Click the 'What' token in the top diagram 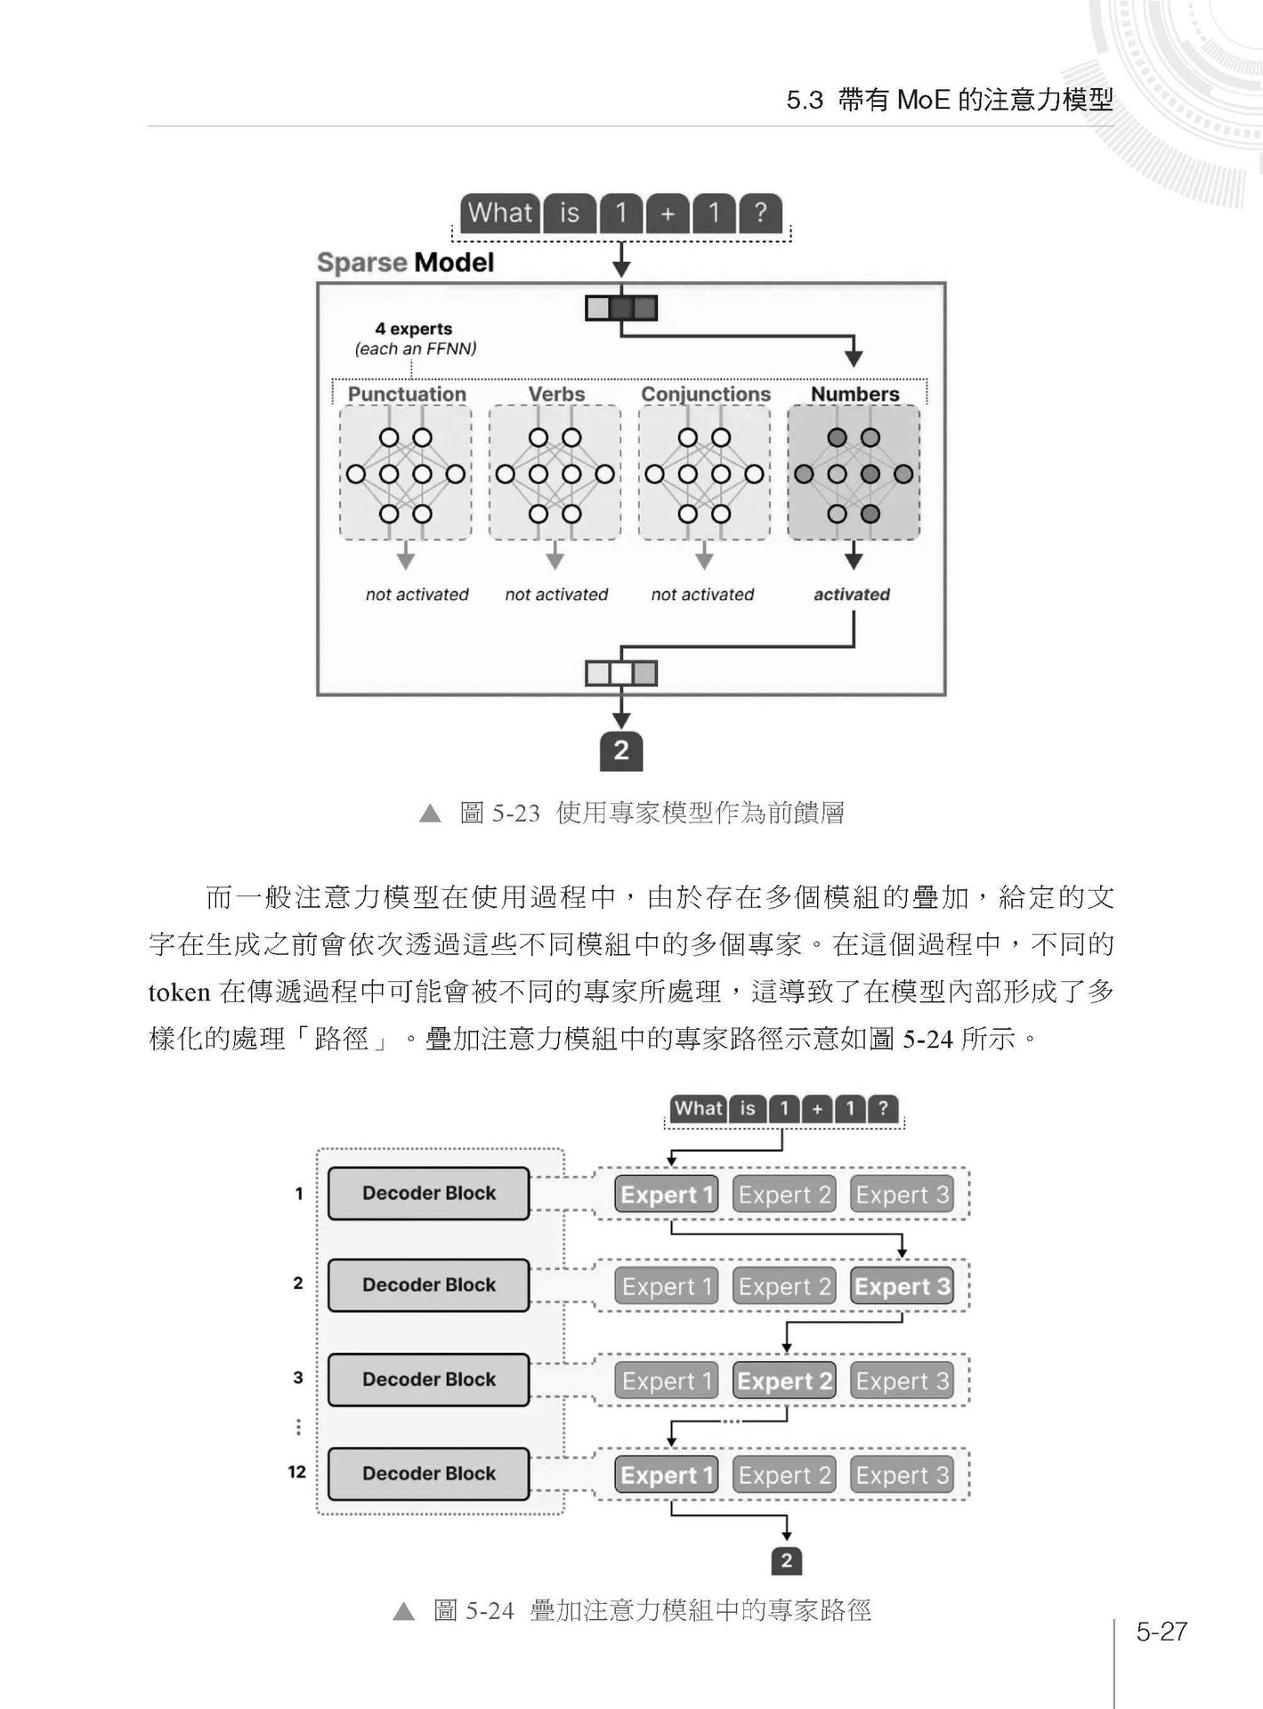500,214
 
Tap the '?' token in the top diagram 759,214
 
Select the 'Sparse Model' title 405,263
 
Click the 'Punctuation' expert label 407,393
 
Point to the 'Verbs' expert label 556,393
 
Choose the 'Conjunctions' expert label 706,393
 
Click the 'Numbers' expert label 854,393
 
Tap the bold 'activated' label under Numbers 851,595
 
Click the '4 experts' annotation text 413,328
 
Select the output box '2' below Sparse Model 621,750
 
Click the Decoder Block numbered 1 428,1194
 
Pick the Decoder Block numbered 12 428,1473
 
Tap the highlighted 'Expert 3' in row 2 902,1286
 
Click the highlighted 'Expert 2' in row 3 784,1381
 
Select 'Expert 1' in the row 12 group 667,1475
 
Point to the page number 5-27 1162,1631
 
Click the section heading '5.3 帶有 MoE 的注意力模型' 949,100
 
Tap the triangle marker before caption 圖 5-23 430,814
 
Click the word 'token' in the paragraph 179,992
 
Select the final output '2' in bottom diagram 786,1560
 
